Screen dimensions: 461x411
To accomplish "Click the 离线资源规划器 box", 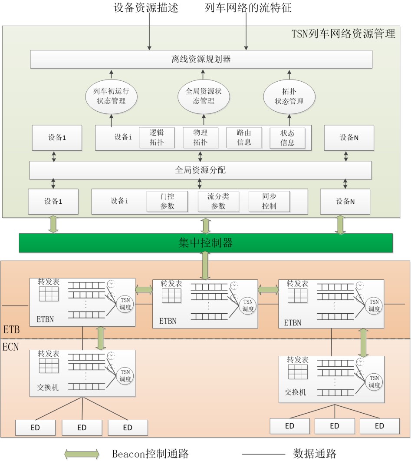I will point(201,60).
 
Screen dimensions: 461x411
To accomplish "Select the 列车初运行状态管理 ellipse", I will point(111,97).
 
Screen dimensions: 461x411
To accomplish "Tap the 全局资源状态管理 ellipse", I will point(204,97).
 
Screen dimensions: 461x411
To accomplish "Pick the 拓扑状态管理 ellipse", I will point(289,97).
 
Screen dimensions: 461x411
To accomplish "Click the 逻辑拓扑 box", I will point(156,138).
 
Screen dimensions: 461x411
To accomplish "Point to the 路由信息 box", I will point(244,138).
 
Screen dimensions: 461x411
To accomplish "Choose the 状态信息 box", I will point(287,138).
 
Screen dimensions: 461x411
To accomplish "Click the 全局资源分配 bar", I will point(201,170).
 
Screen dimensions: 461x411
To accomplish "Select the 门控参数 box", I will point(167,201).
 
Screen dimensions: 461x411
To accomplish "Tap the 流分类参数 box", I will point(218,201).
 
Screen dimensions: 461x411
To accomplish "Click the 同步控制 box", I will point(269,201).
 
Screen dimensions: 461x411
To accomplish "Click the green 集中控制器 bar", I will point(206,243).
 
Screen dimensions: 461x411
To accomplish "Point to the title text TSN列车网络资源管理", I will point(343,33).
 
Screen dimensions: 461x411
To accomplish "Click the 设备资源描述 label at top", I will point(146,8).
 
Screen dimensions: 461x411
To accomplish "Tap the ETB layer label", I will point(12,330).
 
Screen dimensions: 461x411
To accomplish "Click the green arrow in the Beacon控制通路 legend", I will point(82,454).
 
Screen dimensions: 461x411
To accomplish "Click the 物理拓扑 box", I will point(200,138).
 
